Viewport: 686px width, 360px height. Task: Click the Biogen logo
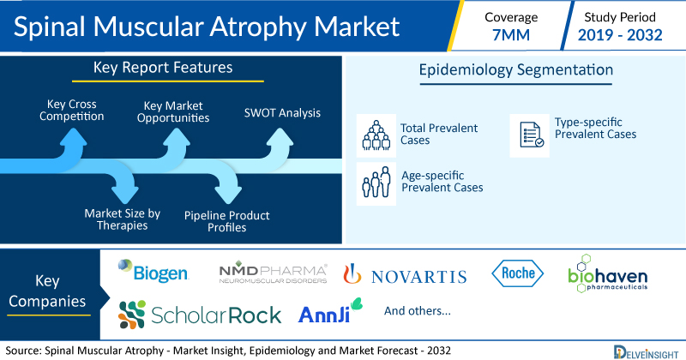pos(153,271)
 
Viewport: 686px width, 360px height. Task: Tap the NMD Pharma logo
pos(273,273)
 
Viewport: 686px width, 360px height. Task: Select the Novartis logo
pos(405,274)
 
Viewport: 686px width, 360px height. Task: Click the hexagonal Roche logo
pos(518,273)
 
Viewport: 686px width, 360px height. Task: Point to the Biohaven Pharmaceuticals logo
pos(608,273)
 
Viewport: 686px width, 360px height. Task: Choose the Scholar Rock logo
pos(200,315)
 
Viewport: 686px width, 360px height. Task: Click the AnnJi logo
pos(330,311)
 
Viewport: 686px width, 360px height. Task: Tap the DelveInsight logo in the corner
pos(646,352)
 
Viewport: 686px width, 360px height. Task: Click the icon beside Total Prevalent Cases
pos(376,135)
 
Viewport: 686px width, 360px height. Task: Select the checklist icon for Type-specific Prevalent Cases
pos(529,135)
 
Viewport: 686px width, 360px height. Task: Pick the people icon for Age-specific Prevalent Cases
pos(376,183)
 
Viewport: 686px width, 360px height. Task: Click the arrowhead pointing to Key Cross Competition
pos(73,137)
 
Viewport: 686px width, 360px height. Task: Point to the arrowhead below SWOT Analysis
pos(280,137)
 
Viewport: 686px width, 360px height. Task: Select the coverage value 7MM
pos(511,35)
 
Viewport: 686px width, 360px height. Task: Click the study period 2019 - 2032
pos(620,35)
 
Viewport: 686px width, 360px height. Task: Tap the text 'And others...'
pos(418,310)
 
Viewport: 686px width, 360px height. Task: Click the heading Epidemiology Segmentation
pos(516,69)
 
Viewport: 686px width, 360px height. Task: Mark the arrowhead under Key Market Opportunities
pos(177,137)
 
